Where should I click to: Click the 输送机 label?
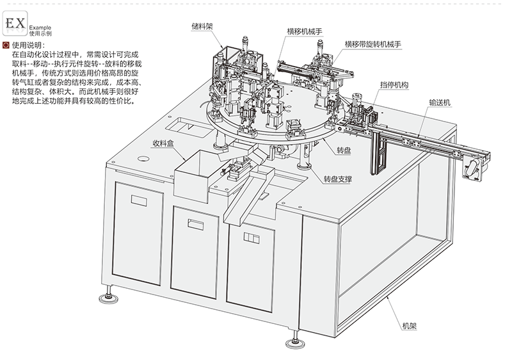(x=441, y=102)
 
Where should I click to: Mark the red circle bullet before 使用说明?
(x=6, y=45)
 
